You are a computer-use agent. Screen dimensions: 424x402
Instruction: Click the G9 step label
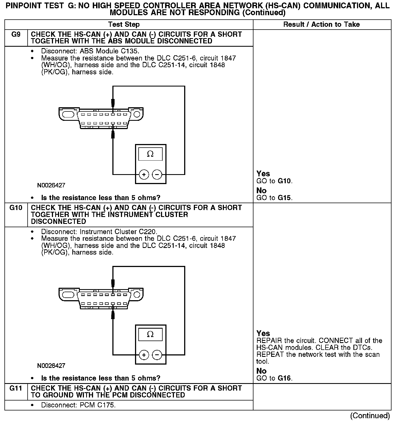point(16,35)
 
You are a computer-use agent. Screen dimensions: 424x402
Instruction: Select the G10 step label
point(16,208)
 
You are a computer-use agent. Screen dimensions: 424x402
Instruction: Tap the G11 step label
point(16,388)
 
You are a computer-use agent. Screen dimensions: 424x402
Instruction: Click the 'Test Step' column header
point(124,25)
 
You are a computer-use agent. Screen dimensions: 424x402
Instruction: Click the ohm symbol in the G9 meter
point(150,154)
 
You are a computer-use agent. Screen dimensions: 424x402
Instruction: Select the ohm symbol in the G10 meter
point(150,334)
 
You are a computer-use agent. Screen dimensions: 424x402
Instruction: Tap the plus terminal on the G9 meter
point(144,174)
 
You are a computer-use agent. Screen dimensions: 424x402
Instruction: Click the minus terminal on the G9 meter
point(157,174)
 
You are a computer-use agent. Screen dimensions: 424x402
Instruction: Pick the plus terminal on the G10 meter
point(144,355)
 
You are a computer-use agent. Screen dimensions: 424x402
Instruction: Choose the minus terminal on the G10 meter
point(157,355)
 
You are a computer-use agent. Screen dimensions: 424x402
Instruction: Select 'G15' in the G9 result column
point(285,198)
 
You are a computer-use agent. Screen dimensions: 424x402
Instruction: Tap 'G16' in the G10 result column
point(285,378)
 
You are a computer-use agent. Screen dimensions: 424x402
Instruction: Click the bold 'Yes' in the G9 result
point(263,174)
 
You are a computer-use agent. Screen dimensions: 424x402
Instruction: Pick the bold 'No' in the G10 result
point(261,371)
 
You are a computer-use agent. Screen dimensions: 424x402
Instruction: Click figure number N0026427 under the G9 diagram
point(51,185)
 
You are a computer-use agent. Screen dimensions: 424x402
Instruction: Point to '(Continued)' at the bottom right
point(370,416)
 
